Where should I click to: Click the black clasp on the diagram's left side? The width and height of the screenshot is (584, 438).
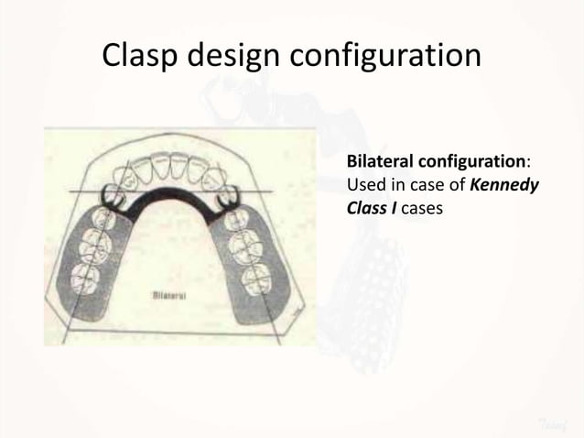[115, 194]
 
